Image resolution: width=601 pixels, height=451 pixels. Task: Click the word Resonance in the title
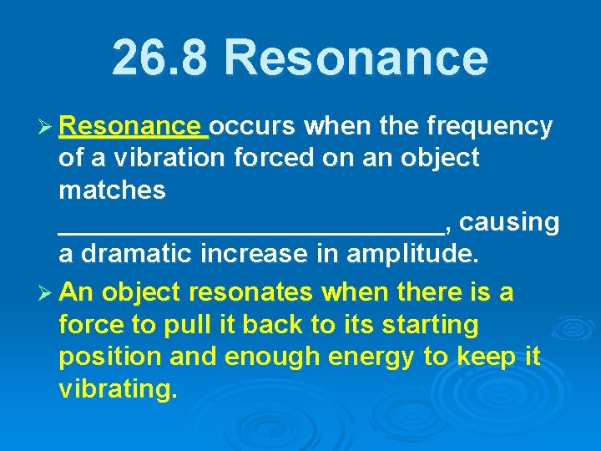[x=356, y=58]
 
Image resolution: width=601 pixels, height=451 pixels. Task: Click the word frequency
[x=488, y=126]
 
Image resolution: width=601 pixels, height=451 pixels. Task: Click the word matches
[x=112, y=190]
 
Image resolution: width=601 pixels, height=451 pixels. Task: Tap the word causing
[x=509, y=223]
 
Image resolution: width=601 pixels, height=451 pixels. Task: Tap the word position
[x=110, y=357]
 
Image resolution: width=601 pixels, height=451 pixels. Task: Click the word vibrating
[x=118, y=389]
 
